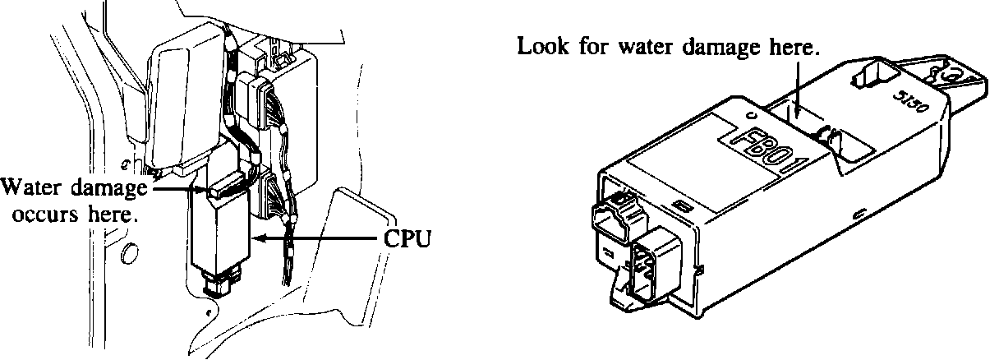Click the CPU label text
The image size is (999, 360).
pos(408,239)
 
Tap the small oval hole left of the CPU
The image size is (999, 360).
pos(129,254)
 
